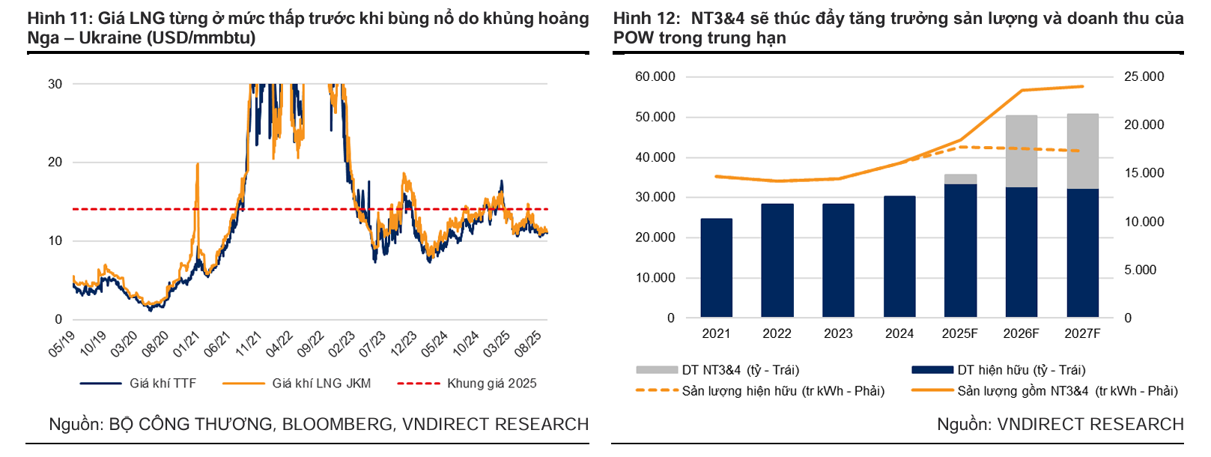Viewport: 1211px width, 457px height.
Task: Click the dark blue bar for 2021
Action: point(716,267)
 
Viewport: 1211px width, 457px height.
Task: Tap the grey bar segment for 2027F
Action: point(1082,151)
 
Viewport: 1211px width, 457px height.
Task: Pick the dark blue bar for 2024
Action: point(899,256)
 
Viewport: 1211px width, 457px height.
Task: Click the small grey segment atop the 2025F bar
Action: point(960,179)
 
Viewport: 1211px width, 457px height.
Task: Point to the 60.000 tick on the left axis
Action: point(655,77)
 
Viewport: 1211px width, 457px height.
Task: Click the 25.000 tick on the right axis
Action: point(1144,77)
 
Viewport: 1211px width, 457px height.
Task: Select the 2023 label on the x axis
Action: point(838,333)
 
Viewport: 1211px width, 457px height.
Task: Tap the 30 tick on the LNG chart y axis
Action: point(55,84)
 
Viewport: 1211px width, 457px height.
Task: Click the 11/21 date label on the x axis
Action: point(248,343)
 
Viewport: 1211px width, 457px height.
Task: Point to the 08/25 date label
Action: point(528,343)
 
